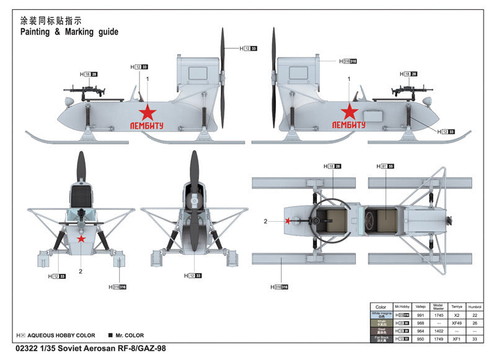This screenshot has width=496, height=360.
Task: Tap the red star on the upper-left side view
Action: click(148, 112)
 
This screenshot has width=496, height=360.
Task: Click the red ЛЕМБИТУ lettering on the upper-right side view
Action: click(349, 125)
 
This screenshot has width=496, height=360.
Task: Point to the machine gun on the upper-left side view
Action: click(84, 90)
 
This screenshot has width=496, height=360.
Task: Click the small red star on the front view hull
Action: click(81, 239)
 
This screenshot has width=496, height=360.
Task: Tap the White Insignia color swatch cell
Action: click(381, 315)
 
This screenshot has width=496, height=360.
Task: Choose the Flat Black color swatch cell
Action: click(381, 339)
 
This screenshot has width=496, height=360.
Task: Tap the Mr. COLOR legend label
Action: click(130, 335)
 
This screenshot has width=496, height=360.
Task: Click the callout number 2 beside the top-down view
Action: click(265, 221)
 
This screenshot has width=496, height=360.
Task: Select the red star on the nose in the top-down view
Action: click(288, 220)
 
